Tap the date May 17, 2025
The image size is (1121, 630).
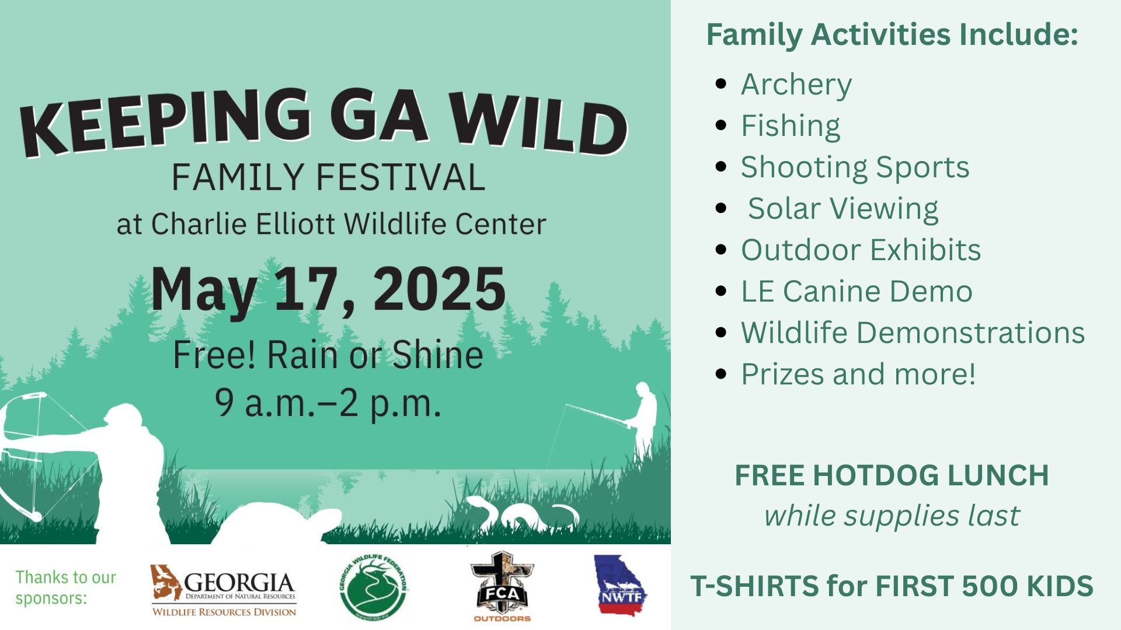328,290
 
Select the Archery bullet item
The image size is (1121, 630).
796,85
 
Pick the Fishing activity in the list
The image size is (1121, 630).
791,126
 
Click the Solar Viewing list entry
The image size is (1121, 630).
843,208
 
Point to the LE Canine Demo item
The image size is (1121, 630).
857,291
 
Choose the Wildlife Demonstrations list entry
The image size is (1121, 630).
913,332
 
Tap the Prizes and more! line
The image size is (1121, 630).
858,374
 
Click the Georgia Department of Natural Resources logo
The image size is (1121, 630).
224,590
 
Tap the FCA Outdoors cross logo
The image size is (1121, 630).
502,587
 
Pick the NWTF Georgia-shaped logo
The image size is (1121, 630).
621,584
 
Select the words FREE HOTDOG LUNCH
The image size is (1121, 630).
892,475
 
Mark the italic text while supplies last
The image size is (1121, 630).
892,516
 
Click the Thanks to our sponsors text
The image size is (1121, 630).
65,587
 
